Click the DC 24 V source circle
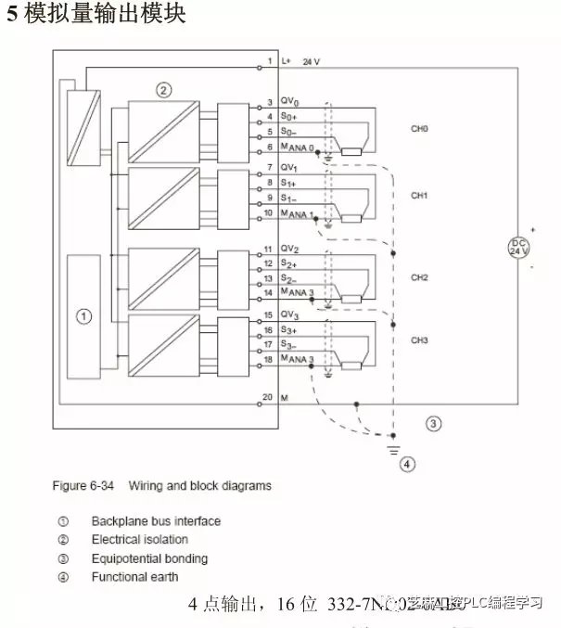tap(517, 247)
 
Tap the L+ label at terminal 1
tap(286, 61)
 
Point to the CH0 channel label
tap(419, 129)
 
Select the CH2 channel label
tap(419, 277)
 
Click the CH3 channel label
tap(419, 340)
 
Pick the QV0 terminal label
tap(288, 101)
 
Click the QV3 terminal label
tap(288, 315)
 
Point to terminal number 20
tap(267, 397)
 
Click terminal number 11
tap(267, 250)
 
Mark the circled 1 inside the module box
tap(83, 316)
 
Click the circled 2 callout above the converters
tap(163, 90)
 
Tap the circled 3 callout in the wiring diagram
tap(432, 424)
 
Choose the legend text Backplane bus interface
tap(156, 521)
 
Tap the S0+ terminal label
tap(288, 117)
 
